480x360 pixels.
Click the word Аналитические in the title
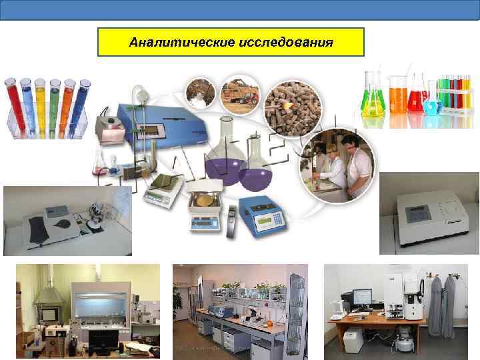[180, 42]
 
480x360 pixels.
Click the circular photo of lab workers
[337, 164]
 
